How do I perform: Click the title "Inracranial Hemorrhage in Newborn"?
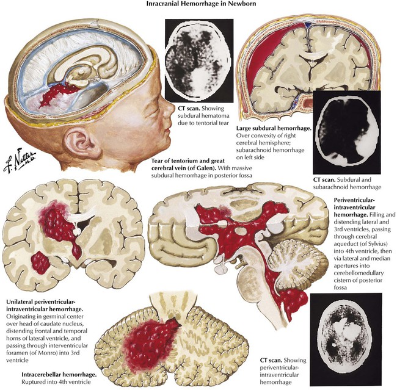point(198,5)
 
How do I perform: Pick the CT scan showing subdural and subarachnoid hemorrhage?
point(346,132)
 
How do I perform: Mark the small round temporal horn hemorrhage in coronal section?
point(41,263)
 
